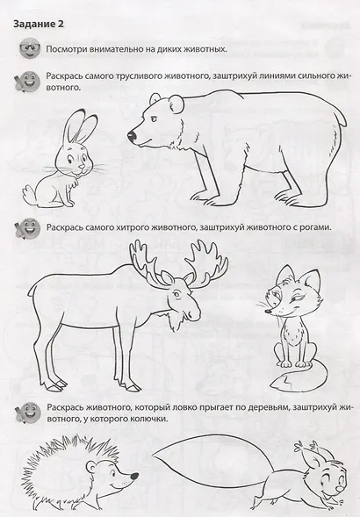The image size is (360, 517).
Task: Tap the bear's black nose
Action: coord(133,137)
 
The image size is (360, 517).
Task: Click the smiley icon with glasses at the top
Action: coord(24,49)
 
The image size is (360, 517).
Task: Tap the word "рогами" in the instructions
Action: coord(311,227)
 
